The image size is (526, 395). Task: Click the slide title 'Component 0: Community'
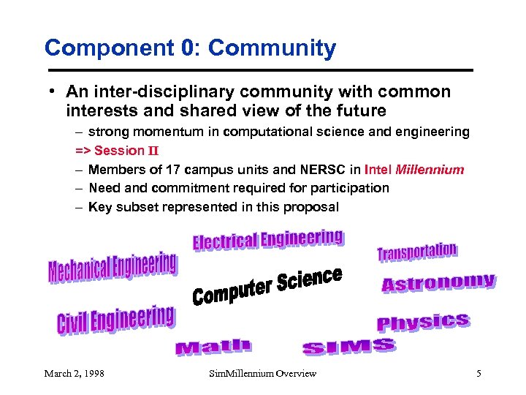click(x=190, y=48)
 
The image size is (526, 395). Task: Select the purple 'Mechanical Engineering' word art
click(x=113, y=268)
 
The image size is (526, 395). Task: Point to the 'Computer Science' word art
click(x=267, y=287)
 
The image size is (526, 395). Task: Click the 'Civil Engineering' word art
click(x=115, y=320)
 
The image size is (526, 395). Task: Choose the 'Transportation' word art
click(x=417, y=252)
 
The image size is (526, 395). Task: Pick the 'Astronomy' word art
click(x=438, y=283)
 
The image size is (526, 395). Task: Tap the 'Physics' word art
click(x=423, y=322)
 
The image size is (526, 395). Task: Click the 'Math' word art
click(x=213, y=347)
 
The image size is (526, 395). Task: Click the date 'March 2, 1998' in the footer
click(x=74, y=374)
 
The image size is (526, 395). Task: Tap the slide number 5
click(x=479, y=374)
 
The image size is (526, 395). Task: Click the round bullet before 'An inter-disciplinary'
click(x=54, y=92)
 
